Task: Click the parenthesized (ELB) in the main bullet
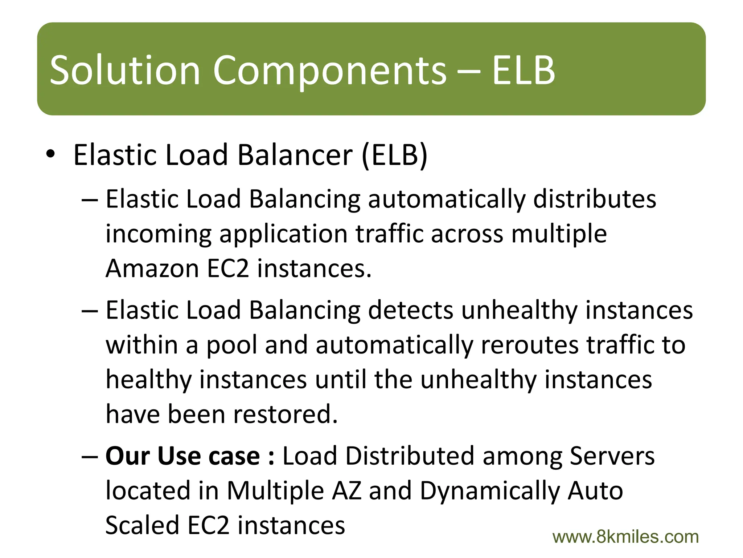[x=395, y=155]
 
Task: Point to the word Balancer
[x=295, y=155]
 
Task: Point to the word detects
[x=411, y=310]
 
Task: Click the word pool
[x=231, y=345]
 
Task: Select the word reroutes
[x=530, y=345]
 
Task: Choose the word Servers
[x=612, y=456]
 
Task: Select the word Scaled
[x=142, y=525]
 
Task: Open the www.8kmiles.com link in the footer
[x=625, y=537]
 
